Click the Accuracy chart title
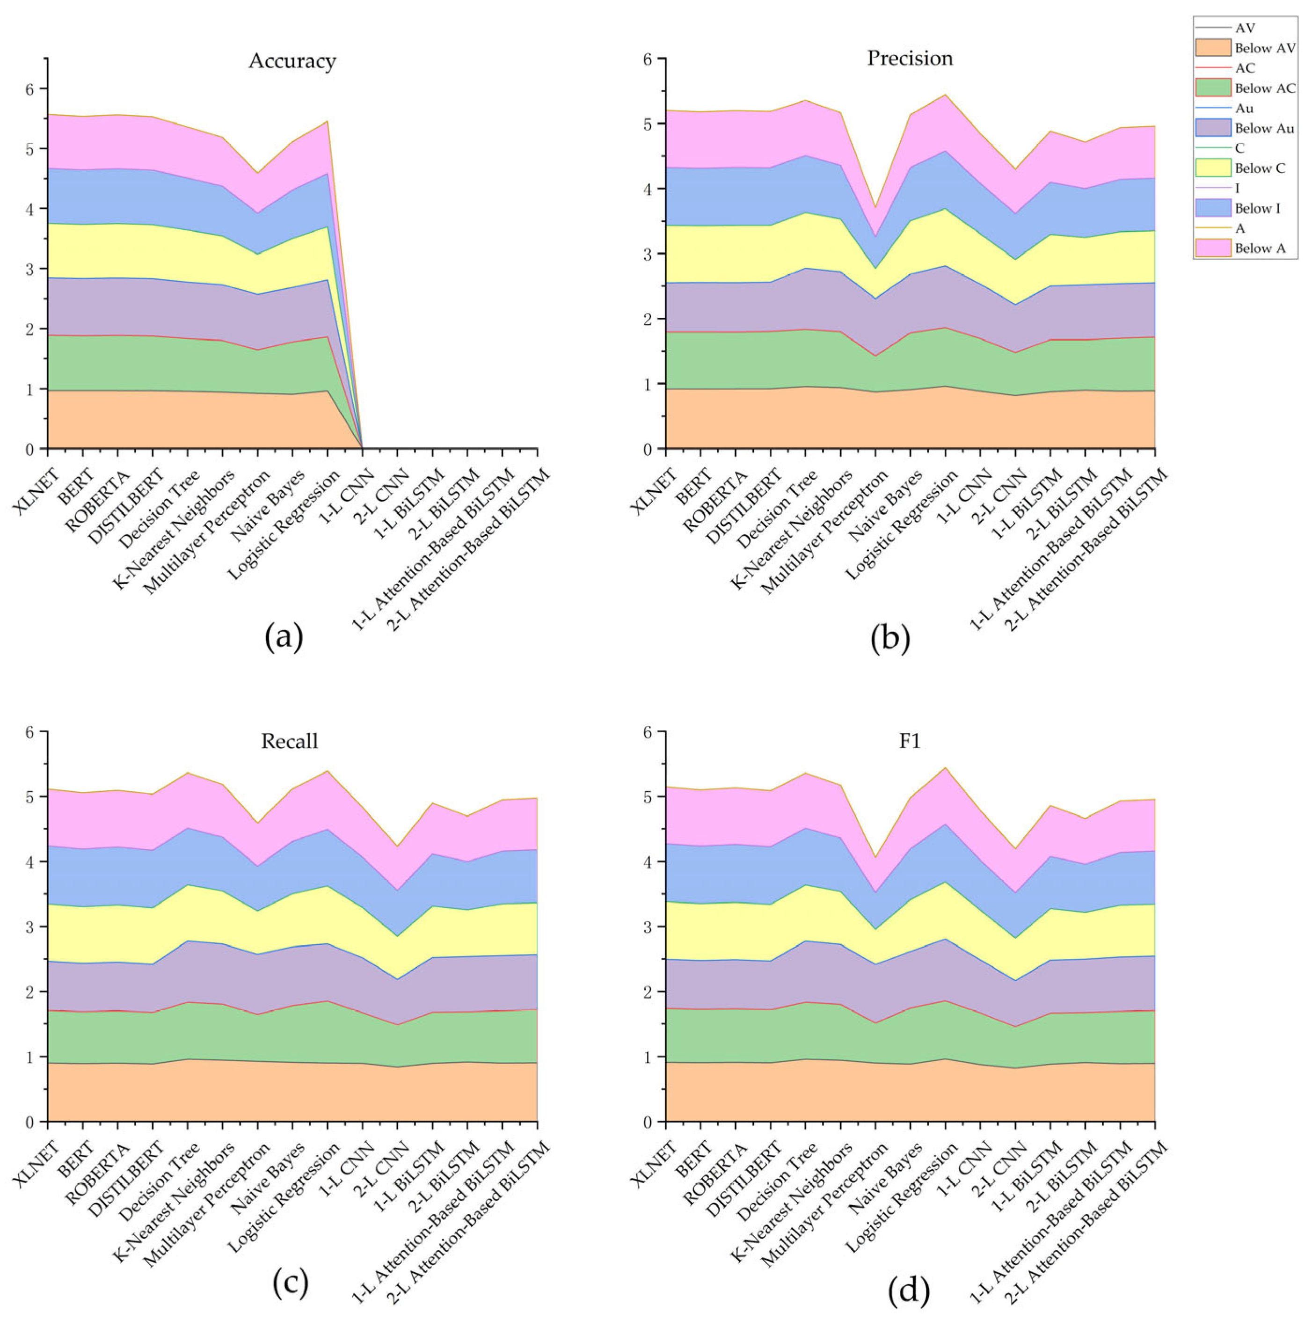[292, 61]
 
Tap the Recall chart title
[289, 741]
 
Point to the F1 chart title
[910, 741]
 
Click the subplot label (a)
[283, 637]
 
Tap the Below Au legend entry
[1263, 129]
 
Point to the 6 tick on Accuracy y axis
[30, 89]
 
